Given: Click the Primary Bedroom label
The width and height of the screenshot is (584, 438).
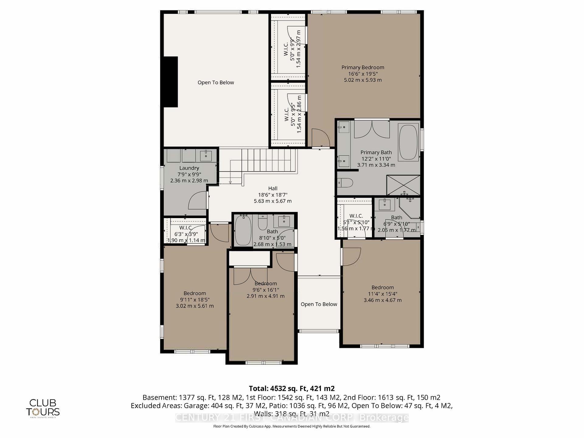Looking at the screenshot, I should coord(363,68).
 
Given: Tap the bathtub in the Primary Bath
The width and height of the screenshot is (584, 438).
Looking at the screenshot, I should coord(408,142).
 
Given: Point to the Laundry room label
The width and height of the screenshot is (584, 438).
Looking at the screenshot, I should coord(189,168).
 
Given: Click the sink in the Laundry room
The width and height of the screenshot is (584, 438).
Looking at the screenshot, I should coord(207,155).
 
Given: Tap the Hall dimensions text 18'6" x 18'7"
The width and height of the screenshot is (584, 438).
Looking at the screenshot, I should coord(273,195).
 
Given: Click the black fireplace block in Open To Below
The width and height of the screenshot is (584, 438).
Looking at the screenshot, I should coord(171,82).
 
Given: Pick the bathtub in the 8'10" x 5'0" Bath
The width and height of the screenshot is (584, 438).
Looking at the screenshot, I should coord(243,230).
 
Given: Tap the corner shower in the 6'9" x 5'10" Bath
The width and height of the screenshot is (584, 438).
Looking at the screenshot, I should coord(411,207).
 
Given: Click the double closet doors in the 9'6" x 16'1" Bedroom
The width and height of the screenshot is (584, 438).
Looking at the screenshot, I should coord(250,276).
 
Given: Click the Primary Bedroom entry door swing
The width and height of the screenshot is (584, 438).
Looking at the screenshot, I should coord(321,138).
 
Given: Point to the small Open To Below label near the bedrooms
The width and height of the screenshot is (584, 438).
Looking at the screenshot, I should coord(319,304).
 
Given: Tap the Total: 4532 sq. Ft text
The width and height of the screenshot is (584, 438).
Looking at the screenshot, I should coord(291,388).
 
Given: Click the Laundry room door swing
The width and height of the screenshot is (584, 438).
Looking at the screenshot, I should coord(198,200).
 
